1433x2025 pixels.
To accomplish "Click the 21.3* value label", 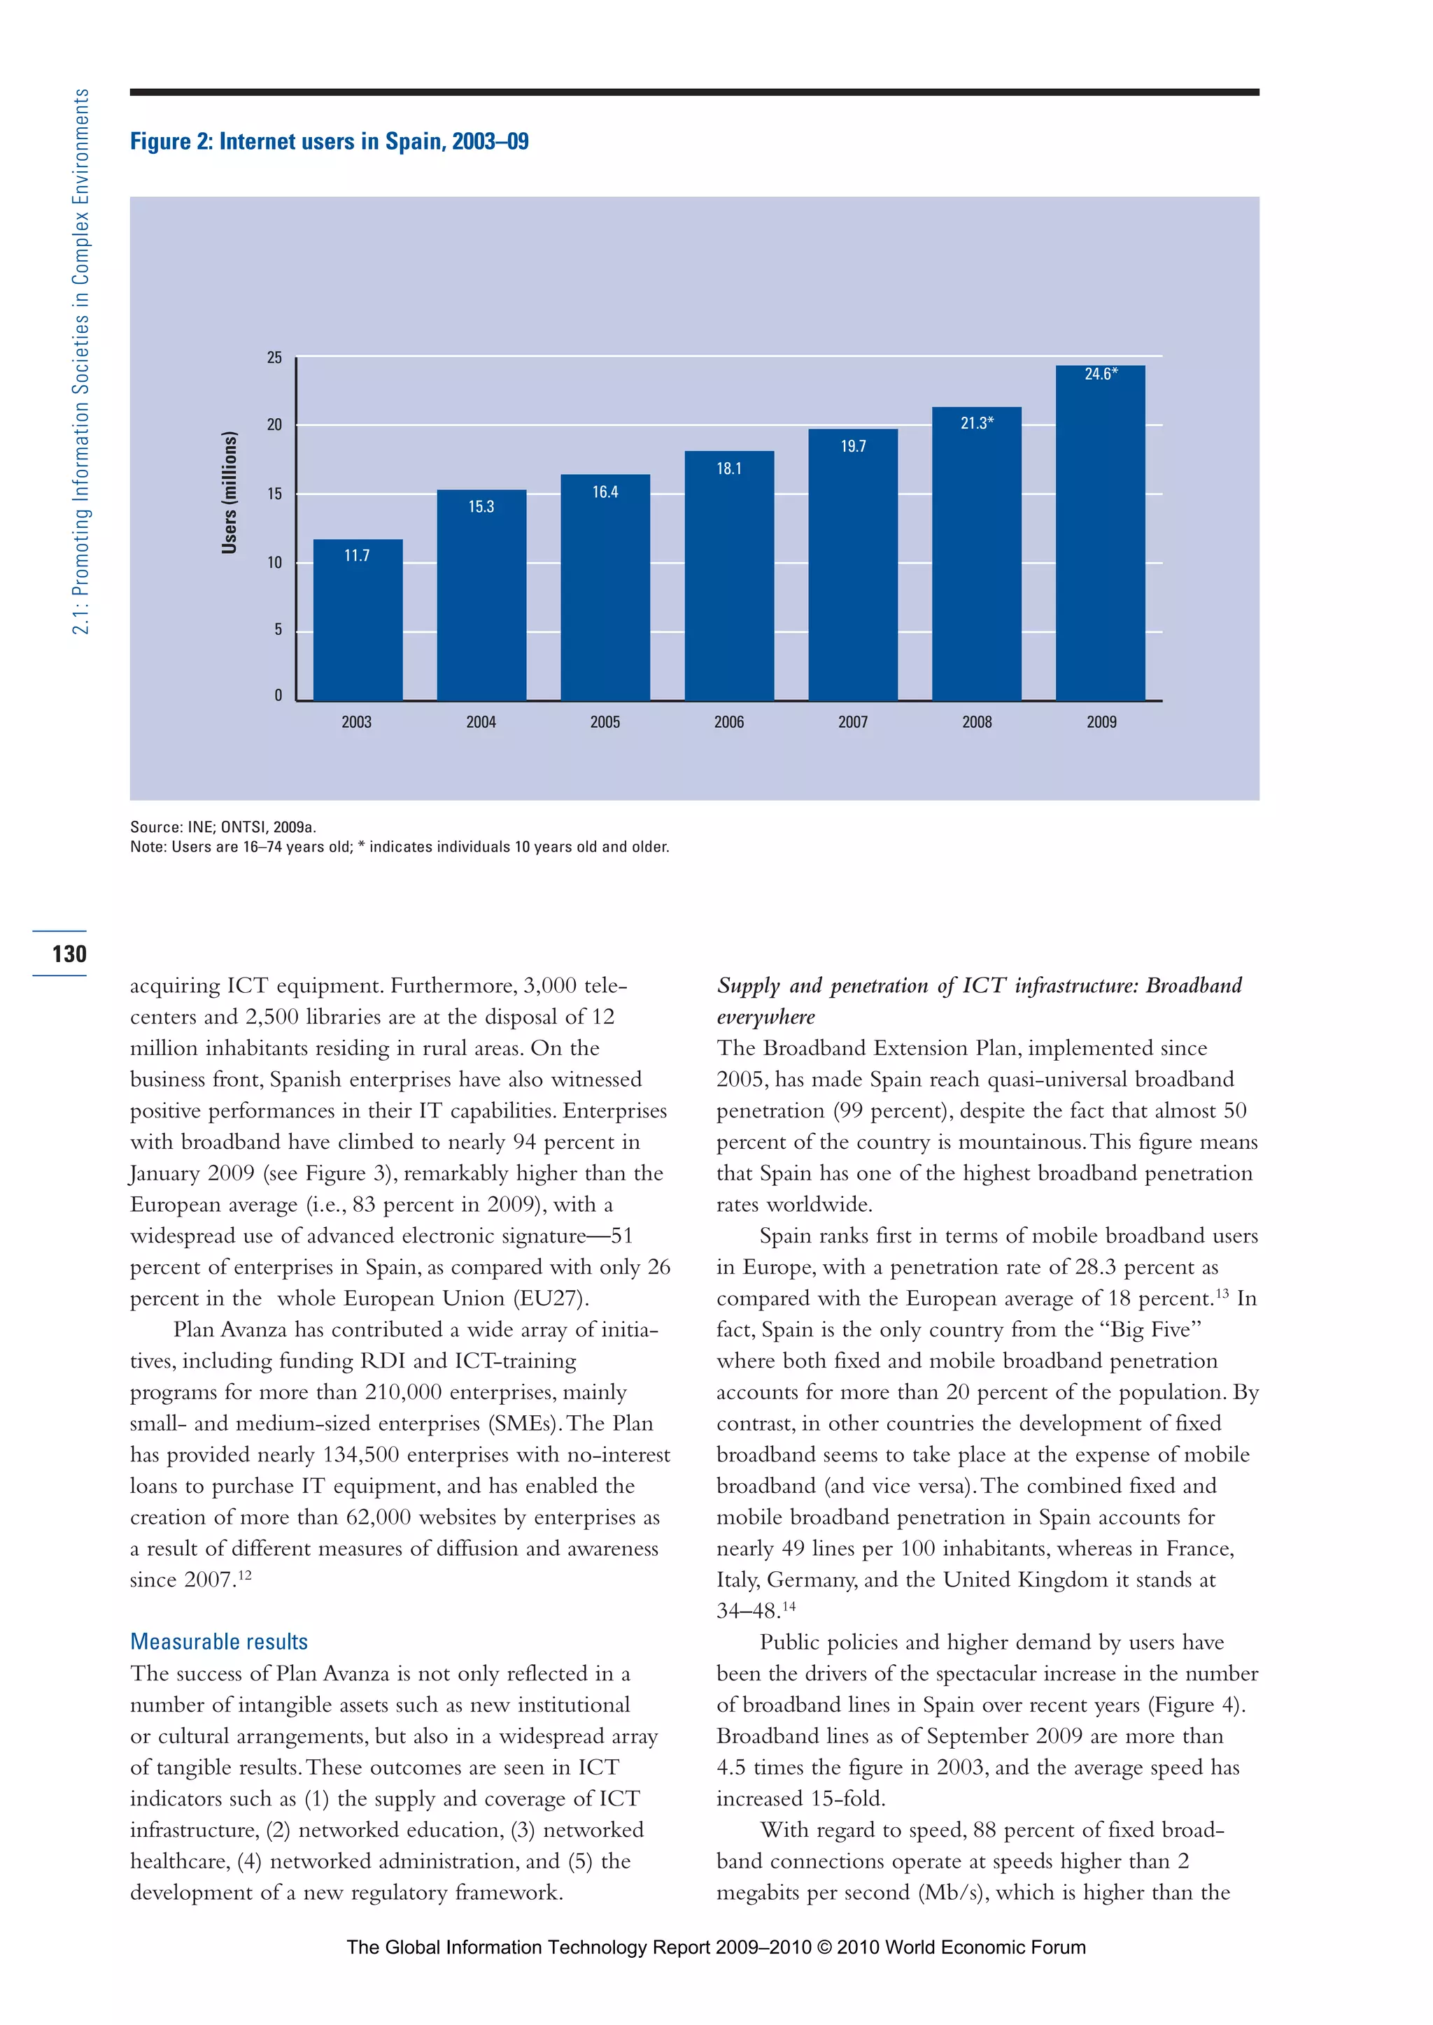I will (977, 423).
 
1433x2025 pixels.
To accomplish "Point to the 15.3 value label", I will (481, 506).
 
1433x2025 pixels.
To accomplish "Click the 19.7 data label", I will (852, 446).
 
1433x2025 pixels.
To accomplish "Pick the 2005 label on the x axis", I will (605, 722).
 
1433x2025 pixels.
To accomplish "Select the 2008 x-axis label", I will (977, 722).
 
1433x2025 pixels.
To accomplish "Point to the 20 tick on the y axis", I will (274, 424).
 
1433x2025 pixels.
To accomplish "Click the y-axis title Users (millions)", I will (230, 492).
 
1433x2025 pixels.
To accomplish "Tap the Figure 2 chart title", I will (329, 141).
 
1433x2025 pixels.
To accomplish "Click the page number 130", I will (69, 953).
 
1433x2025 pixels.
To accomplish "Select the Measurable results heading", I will (219, 1641).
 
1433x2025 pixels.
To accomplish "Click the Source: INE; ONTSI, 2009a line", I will (223, 827).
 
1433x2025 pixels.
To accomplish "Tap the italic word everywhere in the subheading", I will (765, 1016).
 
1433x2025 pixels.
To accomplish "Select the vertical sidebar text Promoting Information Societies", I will (80, 362).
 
